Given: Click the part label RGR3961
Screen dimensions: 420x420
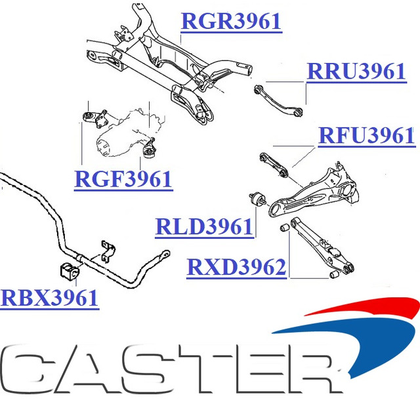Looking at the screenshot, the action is (x=231, y=22).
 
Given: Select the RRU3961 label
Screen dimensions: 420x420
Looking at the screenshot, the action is (x=356, y=72).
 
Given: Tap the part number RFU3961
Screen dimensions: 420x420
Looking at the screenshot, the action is (x=366, y=136).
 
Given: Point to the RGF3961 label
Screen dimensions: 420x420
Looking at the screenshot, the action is (x=123, y=179).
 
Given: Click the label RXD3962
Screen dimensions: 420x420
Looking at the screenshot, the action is (x=236, y=267).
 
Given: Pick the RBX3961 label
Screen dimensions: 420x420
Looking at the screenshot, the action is (x=49, y=298).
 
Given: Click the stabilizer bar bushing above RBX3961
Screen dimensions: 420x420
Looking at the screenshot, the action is (x=70, y=271).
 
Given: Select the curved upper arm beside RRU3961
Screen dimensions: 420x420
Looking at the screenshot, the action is (x=278, y=101).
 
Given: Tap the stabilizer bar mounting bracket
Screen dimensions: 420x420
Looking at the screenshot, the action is (x=108, y=251).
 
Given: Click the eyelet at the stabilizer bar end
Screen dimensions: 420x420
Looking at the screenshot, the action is (x=165, y=253).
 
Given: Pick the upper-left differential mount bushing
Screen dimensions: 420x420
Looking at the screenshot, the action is (x=88, y=117).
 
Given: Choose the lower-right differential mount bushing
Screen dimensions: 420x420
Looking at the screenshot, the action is (x=149, y=152).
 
